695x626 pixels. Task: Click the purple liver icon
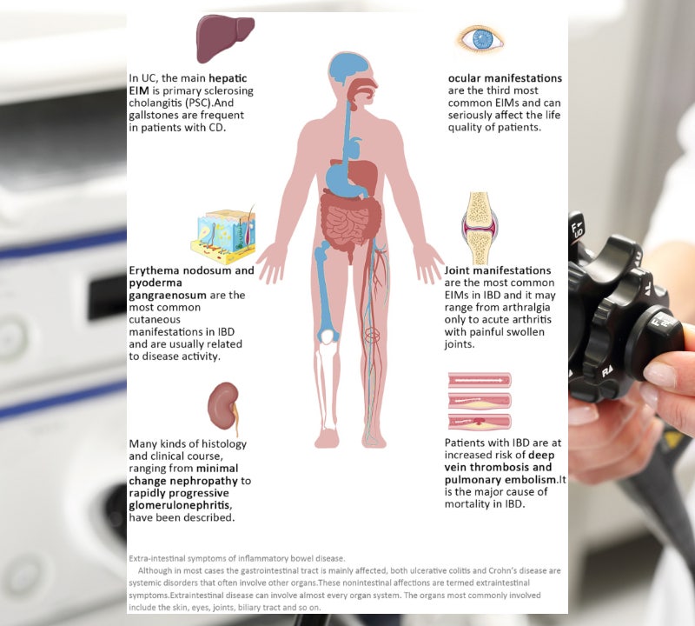point(225,38)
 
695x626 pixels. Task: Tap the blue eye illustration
point(480,39)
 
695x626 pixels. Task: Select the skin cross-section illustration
point(223,236)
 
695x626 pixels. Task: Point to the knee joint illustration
point(480,228)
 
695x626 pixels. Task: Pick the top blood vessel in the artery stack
point(480,380)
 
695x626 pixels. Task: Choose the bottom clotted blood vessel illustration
point(480,422)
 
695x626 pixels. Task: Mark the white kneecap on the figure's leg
point(328,337)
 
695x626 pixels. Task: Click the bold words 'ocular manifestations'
point(505,78)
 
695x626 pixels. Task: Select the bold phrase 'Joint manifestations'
point(498,270)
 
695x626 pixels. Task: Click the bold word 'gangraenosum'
point(168,296)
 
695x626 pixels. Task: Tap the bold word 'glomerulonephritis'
point(181,505)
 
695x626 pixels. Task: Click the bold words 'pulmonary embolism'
point(500,480)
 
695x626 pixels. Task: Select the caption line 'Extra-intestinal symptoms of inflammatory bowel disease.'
point(236,558)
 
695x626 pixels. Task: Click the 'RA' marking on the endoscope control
point(607,371)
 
